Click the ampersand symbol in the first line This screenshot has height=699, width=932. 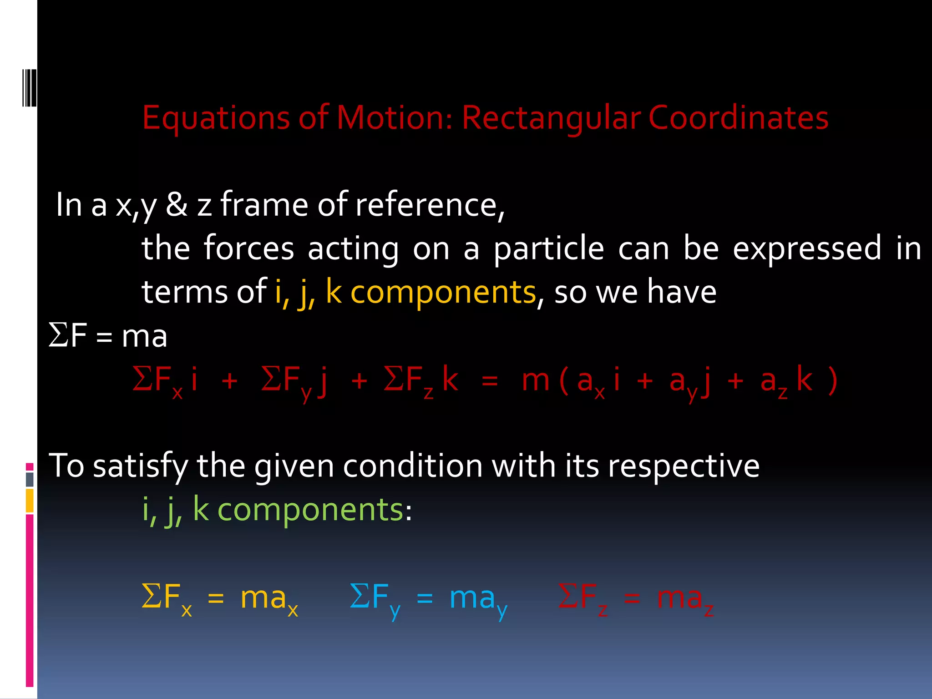pyautogui.click(x=177, y=205)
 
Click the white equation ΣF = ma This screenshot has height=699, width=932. pyautogui.click(x=108, y=337)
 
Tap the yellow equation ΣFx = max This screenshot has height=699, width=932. pyautogui.click(x=219, y=598)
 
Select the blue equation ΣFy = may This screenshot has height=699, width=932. pyautogui.click(x=428, y=598)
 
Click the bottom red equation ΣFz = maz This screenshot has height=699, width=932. pyautogui.click(x=635, y=598)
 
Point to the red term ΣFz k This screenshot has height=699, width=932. pyautogui.click(x=420, y=380)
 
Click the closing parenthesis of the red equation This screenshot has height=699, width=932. pyautogui.click(x=832, y=380)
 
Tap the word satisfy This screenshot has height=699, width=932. pyautogui.click(x=140, y=466)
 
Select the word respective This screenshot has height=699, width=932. pyautogui.click(x=684, y=466)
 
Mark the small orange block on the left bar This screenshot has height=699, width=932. pyautogui.click(x=30, y=500)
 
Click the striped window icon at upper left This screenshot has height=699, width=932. pyautogui.click(x=30, y=87)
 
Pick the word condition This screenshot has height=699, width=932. pyautogui.click(x=412, y=466)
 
